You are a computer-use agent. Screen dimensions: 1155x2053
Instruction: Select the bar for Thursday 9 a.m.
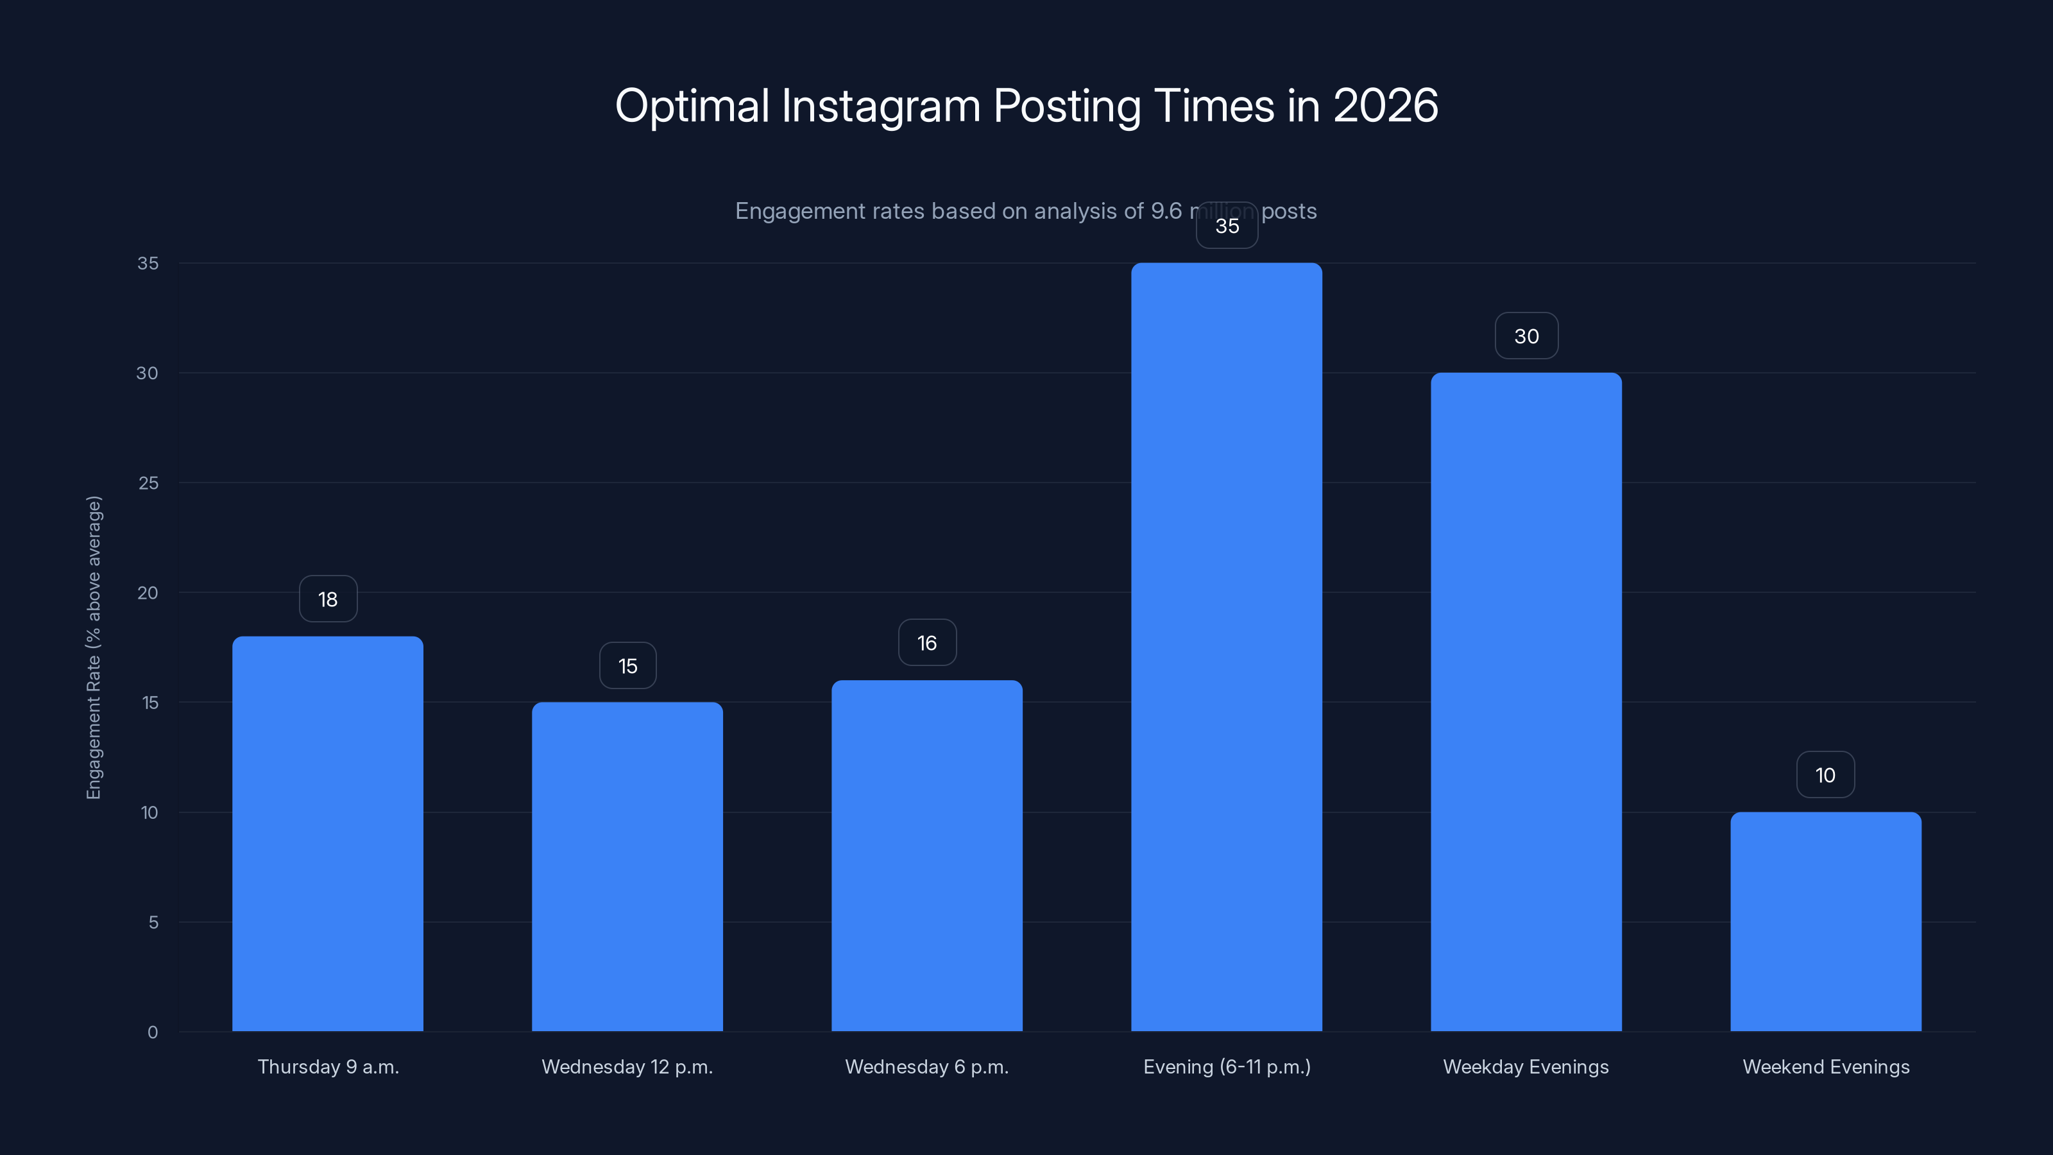pos(328,833)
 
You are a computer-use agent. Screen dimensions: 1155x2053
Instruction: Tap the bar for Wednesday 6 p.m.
pos(927,855)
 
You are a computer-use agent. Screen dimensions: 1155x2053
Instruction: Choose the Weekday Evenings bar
pos(1526,701)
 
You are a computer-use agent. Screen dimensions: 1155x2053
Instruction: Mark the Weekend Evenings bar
pos(1826,921)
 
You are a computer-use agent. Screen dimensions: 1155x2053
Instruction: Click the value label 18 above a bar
pos(328,599)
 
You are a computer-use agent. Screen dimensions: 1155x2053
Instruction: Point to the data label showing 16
pos(927,642)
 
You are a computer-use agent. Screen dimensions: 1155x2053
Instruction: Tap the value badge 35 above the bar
pos(1227,226)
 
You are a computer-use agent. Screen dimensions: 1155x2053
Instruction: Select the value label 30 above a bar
pos(1526,336)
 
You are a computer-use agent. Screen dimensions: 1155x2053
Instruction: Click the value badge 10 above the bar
pos(1825,774)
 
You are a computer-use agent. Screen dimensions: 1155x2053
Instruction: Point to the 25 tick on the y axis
pos(148,483)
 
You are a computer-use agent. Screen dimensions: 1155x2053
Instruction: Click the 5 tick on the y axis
pos(153,922)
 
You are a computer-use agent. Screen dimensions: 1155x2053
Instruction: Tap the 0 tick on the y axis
pos(153,1032)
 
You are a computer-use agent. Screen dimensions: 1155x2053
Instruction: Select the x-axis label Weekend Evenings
pos(1826,1066)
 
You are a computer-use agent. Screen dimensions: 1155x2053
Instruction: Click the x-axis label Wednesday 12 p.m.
pos(627,1066)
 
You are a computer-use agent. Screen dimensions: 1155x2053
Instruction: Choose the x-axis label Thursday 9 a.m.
pos(328,1066)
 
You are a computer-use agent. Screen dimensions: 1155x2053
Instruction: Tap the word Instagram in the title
pos(881,106)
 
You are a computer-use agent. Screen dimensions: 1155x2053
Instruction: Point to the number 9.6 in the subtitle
pos(1166,211)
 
